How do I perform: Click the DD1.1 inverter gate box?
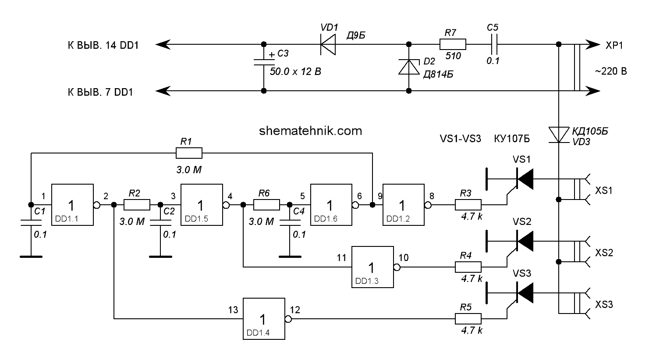(73, 205)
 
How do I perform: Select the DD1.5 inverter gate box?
(202, 205)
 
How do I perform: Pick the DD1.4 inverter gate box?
(264, 319)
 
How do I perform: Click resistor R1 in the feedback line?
(189, 153)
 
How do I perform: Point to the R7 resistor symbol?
(452, 44)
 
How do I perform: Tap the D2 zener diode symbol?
(408, 68)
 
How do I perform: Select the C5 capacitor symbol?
(493, 44)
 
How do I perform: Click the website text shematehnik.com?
(311, 130)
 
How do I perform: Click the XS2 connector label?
(604, 253)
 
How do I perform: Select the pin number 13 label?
(233, 310)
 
